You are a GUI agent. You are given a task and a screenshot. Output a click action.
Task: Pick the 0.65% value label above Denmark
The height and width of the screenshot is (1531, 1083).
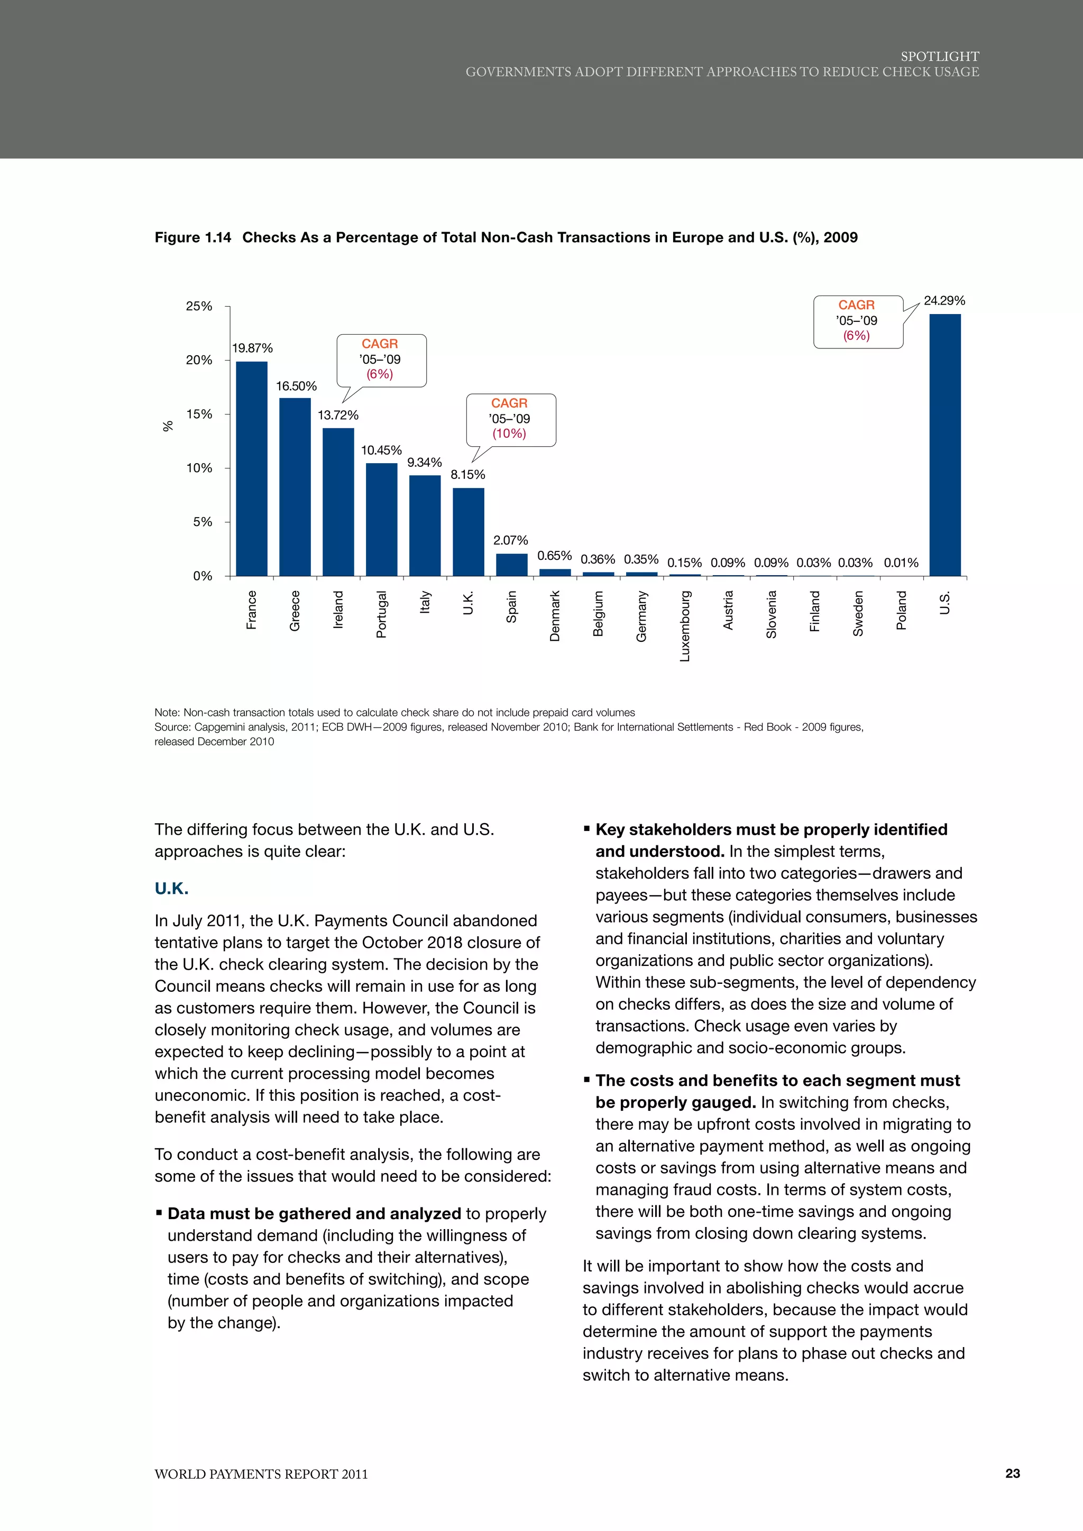click(x=554, y=556)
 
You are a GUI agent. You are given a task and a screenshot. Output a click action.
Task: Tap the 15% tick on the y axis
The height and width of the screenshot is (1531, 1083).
click(x=199, y=414)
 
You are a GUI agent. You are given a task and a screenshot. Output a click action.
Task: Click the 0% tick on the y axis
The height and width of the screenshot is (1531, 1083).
click(x=202, y=576)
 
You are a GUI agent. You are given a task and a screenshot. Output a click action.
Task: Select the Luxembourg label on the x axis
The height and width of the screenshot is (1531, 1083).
click(x=685, y=625)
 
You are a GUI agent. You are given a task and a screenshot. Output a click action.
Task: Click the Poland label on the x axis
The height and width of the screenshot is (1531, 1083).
click(x=902, y=610)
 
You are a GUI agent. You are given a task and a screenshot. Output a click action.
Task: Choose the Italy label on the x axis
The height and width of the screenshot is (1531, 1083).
click(x=425, y=602)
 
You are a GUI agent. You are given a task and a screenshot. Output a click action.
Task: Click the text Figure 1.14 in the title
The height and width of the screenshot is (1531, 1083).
click(x=192, y=238)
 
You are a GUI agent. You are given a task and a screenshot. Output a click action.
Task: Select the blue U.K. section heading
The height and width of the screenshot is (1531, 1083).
click(x=171, y=888)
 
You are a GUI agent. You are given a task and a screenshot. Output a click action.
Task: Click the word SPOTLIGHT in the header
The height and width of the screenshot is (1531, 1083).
click(x=939, y=57)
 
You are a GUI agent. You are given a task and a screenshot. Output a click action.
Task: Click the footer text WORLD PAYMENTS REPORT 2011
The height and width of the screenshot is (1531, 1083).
click(x=261, y=1474)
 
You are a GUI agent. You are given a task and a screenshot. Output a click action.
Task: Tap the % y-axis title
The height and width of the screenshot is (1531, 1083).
click(x=168, y=426)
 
